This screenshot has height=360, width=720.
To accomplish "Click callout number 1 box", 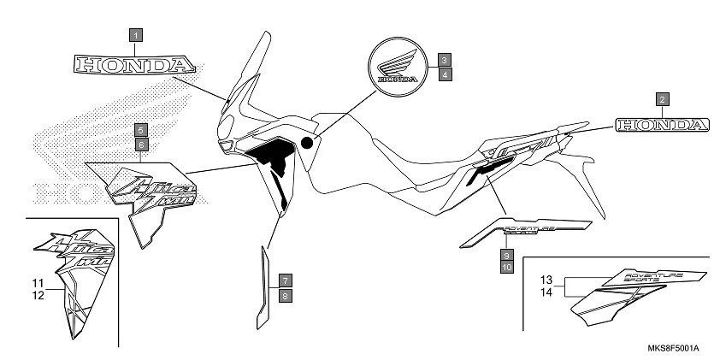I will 138,36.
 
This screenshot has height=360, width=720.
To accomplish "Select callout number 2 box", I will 663,98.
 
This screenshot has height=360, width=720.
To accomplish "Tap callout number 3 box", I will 445,60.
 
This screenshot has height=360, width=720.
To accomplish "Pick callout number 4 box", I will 445,74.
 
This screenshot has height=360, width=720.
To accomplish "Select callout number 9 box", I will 506,255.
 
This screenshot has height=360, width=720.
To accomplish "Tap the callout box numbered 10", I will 506,268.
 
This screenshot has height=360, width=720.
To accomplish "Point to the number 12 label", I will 38,295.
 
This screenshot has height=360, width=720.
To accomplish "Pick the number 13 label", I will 548,280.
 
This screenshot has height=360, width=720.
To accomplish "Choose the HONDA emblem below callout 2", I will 661,125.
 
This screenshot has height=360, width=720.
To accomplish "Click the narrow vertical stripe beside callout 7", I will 263,286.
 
